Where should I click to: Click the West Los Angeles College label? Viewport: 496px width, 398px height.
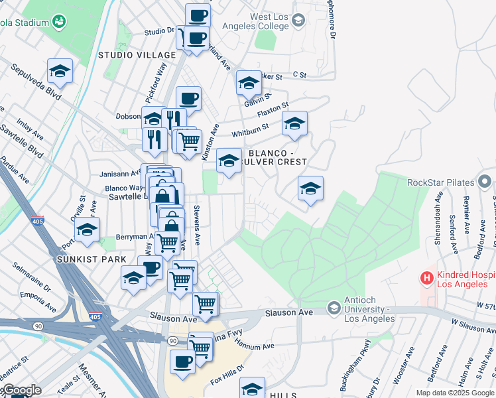click(261, 21)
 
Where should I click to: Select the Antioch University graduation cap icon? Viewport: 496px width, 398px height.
click(334, 308)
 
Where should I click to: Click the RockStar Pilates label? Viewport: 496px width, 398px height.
click(442, 182)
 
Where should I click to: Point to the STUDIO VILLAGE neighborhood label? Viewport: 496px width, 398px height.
click(137, 54)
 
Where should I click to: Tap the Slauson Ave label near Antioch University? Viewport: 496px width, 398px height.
click(288, 312)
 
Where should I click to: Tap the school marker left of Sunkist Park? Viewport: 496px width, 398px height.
click(87, 230)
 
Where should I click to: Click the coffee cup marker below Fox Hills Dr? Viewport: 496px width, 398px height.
click(182, 362)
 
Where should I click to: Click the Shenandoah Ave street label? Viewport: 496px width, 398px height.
click(438, 212)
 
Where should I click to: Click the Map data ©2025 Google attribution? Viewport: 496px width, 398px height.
click(454, 393)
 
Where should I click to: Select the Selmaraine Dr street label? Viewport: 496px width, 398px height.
click(31, 277)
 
